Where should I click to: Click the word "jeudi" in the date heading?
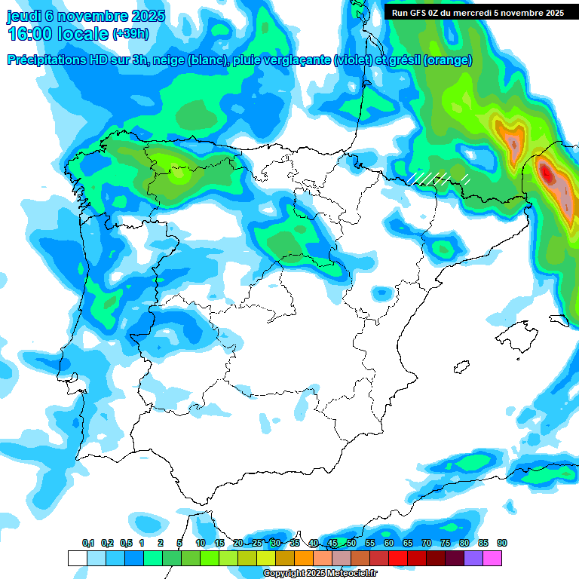click(26, 16)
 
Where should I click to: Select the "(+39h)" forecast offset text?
click(130, 34)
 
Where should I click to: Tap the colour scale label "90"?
click(502, 543)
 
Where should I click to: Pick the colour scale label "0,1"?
click(88, 543)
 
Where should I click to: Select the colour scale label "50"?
click(351, 543)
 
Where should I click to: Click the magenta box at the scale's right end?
click(492, 558)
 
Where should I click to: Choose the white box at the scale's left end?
click(77, 558)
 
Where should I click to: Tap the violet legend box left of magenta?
click(473, 558)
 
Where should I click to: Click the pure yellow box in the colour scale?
click(266, 558)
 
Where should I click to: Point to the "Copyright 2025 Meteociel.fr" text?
click(320, 574)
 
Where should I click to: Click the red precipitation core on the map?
click(547, 174)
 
